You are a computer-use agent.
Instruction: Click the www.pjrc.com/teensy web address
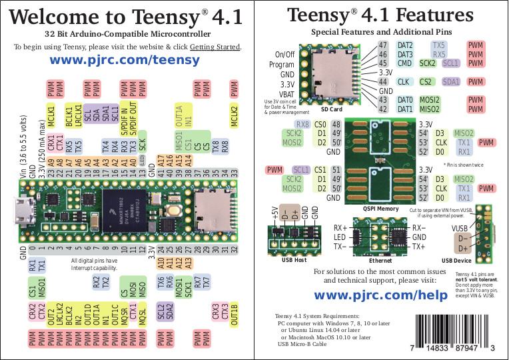125,61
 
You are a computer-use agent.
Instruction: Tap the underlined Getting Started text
215,47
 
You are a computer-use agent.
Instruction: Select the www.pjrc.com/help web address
380,295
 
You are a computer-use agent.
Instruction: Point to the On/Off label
284,55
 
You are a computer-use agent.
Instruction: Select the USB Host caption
291,260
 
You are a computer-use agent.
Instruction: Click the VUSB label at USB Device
460,228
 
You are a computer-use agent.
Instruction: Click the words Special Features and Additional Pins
380,32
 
